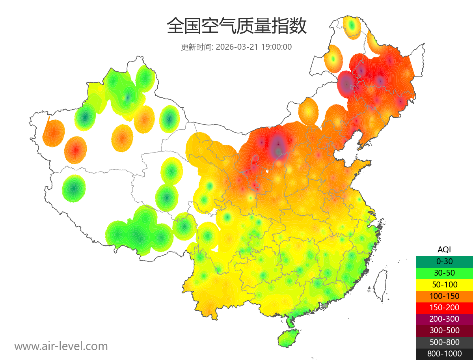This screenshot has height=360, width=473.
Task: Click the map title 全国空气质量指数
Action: coord(236,26)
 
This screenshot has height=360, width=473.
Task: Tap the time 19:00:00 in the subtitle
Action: coord(277,47)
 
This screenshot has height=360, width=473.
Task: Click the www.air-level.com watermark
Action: coord(61,346)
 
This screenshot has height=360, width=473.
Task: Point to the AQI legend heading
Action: coord(444,249)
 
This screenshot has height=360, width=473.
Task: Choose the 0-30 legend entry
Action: coord(444,261)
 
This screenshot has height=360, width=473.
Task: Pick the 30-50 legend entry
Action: coord(444,273)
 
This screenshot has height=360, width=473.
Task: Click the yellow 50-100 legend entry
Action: coord(444,284)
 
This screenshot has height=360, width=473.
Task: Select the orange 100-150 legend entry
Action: coord(444,296)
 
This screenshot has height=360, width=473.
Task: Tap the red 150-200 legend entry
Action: coord(444,307)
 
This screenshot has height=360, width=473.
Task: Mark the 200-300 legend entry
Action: coord(444,319)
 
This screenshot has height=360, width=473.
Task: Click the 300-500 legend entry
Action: coord(444,330)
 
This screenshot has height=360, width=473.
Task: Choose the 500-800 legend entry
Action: coord(444,342)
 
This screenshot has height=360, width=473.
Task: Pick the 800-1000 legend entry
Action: coord(444,354)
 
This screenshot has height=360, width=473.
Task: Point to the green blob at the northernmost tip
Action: coord(352,26)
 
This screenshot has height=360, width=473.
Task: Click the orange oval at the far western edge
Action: coord(54,133)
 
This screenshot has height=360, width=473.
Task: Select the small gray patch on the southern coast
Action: coord(325,306)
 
